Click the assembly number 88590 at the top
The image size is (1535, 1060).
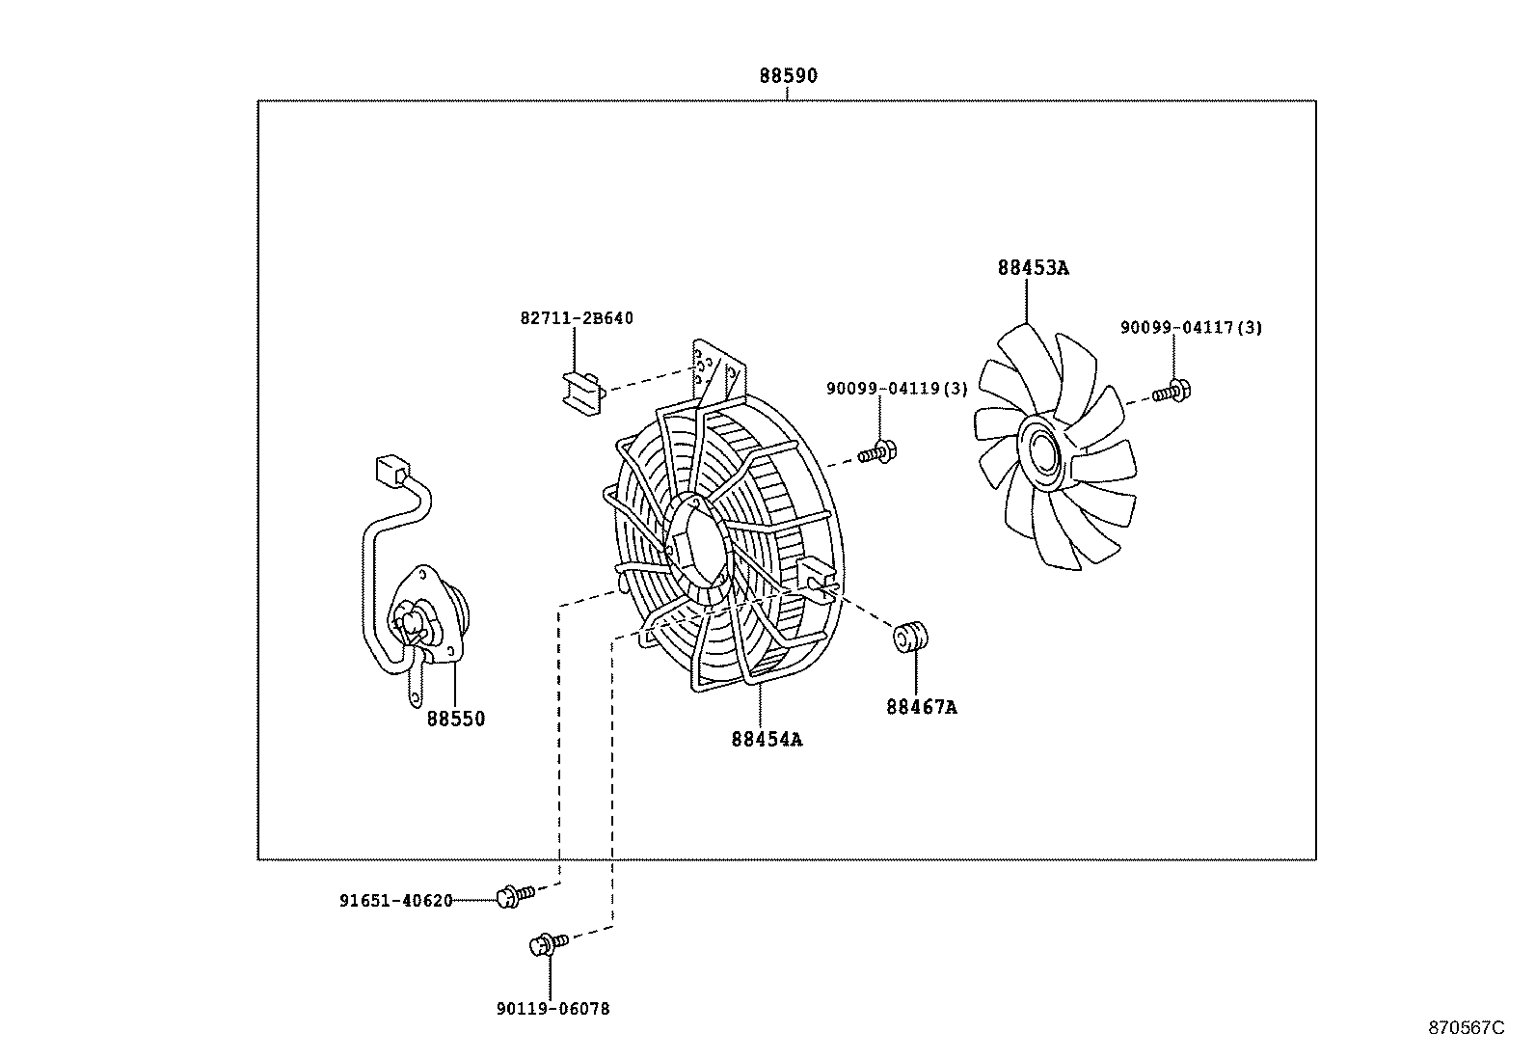[x=788, y=75]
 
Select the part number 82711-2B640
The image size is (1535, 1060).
[x=577, y=318]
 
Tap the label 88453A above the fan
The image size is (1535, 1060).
[x=1033, y=267]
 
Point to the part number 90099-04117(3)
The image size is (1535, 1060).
[x=1191, y=328]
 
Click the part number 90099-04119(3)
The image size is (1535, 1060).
[x=897, y=389]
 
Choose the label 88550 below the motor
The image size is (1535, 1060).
[x=456, y=719]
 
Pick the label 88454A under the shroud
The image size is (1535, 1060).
[x=767, y=739]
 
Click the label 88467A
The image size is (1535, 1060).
[x=921, y=706]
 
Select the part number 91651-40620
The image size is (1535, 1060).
[x=396, y=900]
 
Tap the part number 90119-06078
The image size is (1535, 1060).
[x=553, y=1009]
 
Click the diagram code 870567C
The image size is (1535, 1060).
[x=1466, y=1028]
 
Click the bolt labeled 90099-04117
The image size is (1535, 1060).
[x=1171, y=392]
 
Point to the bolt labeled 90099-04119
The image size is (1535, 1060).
[x=877, y=451]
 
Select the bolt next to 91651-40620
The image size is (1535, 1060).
[x=515, y=895]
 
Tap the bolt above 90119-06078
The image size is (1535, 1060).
[x=549, y=943]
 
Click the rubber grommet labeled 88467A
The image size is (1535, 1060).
[x=911, y=637]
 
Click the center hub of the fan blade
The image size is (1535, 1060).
[x=1043, y=453]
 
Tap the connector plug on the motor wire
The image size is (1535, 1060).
[x=393, y=471]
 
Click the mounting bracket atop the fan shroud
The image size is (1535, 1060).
[x=719, y=370]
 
